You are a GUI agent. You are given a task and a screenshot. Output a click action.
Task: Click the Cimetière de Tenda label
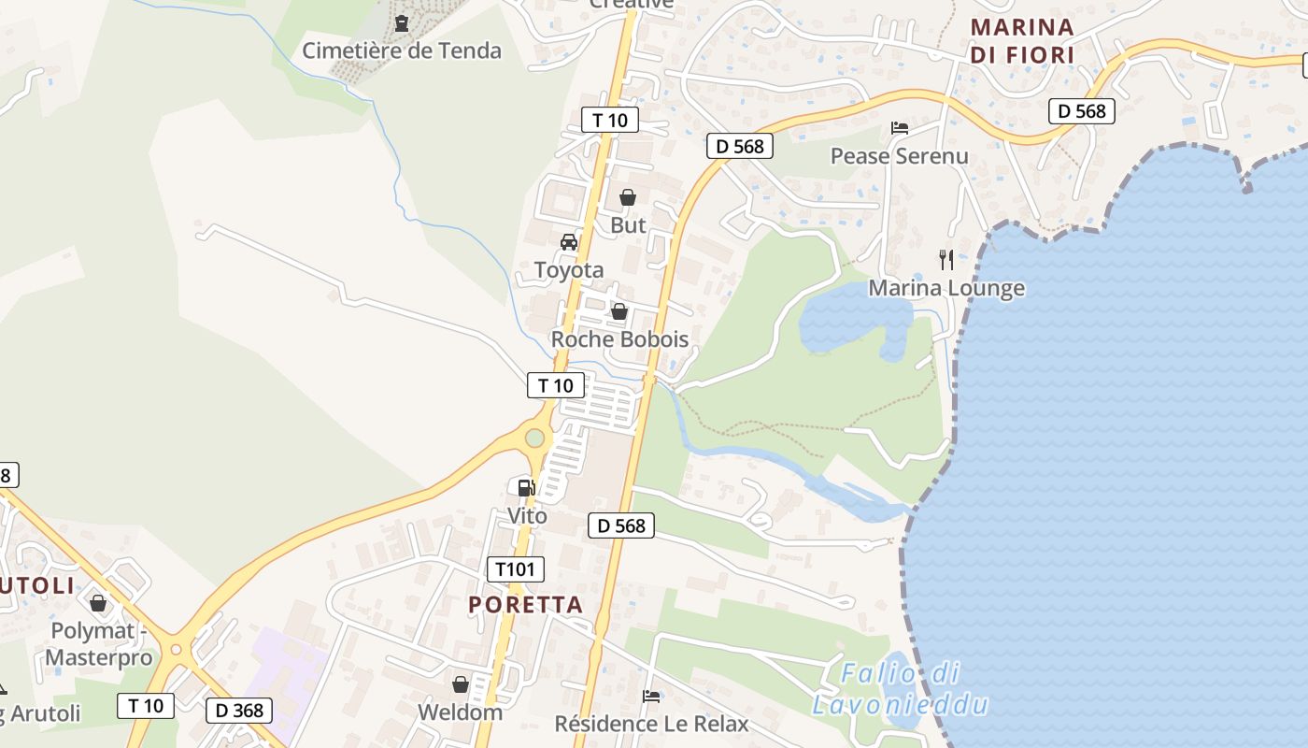tap(402, 50)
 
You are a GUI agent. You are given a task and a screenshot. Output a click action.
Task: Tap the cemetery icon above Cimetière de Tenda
tap(402, 22)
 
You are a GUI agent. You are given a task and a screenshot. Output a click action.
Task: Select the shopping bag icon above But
tap(628, 197)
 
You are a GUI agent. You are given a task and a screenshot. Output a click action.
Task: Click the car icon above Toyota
tap(568, 242)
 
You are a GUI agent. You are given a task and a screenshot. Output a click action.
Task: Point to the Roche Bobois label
tap(619, 339)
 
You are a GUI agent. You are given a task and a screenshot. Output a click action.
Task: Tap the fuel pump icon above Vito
tap(526, 487)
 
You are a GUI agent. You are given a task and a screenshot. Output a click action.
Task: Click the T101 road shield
tap(515, 568)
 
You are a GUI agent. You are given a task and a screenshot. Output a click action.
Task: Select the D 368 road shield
tap(239, 710)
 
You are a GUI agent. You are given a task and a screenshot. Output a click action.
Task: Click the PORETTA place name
tap(526, 605)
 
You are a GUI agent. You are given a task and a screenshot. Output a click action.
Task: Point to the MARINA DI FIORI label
tap(1022, 41)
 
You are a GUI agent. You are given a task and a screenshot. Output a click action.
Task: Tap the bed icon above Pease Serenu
tap(900, 127)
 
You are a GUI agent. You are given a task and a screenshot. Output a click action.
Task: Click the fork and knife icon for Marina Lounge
tap(946, 259)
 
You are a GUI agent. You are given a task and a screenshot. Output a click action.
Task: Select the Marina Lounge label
tap(946, 288)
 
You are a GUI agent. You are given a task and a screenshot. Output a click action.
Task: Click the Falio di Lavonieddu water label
tap(900, 688)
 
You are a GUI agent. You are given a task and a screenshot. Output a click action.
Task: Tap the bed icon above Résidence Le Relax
tap(651, 696)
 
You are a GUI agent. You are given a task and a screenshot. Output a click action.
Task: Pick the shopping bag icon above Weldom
tap(460, 684)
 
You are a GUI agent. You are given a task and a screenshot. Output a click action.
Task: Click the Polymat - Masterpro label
tap(98, 643)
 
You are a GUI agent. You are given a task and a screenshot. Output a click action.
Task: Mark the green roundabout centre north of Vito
tap(534, 438)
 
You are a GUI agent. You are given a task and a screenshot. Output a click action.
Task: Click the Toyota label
tap(568, 270)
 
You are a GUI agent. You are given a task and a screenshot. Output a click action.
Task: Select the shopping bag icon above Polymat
tap(98, 603)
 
